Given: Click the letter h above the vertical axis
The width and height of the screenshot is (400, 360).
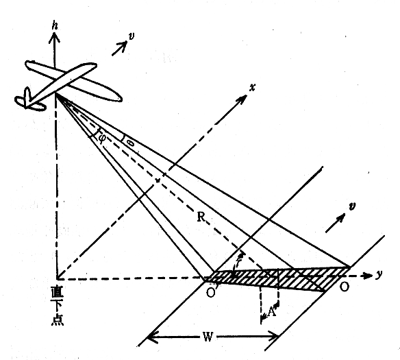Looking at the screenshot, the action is [55, 26].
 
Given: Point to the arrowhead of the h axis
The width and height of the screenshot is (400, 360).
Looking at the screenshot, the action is [54, 37].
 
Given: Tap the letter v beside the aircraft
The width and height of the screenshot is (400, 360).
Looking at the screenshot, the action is [131, 36].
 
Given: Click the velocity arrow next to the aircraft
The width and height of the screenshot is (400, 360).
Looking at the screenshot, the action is [119, 48].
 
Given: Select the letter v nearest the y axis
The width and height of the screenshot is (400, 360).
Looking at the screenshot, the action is [352, 206].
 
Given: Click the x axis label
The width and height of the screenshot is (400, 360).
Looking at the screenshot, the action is [252, 88].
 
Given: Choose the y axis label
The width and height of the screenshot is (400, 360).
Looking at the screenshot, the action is [379, 274].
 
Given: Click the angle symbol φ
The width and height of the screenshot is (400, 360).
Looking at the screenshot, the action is [102, 137].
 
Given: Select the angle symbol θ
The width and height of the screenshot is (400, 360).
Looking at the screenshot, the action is [131, 143].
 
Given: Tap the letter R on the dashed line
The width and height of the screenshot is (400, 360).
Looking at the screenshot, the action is [201, 217].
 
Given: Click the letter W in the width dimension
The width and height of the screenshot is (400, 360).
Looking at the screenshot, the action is [208, 337].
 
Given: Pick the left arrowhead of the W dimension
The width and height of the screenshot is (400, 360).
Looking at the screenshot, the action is [153, 337].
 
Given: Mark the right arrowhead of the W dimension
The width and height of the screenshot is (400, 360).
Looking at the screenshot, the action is [273, 337].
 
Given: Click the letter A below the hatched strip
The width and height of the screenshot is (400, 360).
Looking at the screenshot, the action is [271, 312].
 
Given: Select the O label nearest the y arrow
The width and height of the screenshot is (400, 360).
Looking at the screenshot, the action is [344, 287].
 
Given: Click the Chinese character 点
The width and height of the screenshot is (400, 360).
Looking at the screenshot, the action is [57, 320].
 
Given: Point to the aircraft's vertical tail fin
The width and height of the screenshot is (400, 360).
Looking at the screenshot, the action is [27, 97].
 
